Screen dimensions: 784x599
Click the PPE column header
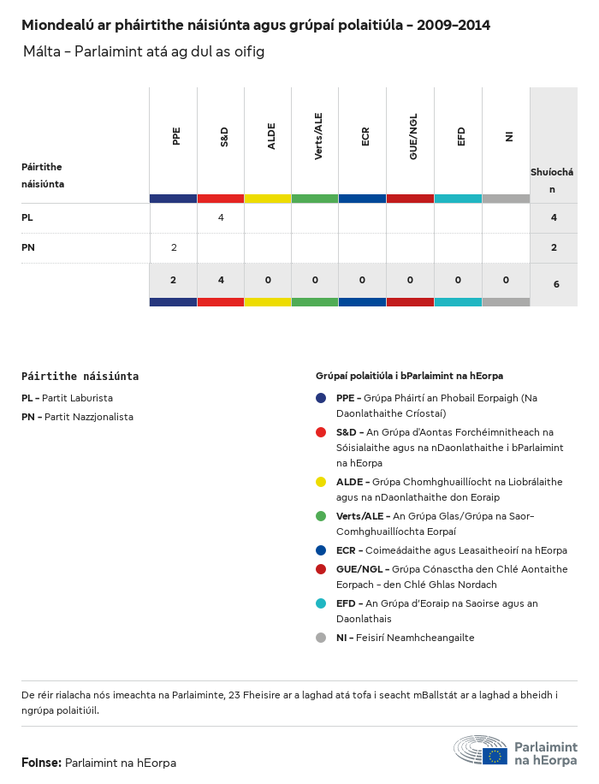(x=176, y=136)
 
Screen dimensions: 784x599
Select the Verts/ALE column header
(x=318, y=136)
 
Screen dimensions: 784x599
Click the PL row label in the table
(x=27, y=217)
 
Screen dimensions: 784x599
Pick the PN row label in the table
(x=27, y=247)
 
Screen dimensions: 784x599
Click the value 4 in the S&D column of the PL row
(x=221, y=217)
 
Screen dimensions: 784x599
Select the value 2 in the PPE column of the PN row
(x=174, y=247)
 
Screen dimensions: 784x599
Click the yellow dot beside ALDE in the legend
(x=321, y=482)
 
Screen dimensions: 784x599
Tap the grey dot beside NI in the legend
(x=321, y=638)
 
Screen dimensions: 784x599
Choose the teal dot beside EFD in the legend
(x=321, y=603)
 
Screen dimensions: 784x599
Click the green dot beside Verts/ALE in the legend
(x=321, y=516)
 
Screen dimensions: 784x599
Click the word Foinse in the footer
(x=41, y=763)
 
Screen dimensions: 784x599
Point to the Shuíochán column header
(x=552, y=180)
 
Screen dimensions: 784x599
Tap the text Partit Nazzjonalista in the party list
(x=88, y=417)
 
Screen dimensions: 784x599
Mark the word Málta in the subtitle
(x=40, y=52)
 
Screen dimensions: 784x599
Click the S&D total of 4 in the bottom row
(x=221, y=280)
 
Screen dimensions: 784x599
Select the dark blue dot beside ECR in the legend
(x=321, y=550)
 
